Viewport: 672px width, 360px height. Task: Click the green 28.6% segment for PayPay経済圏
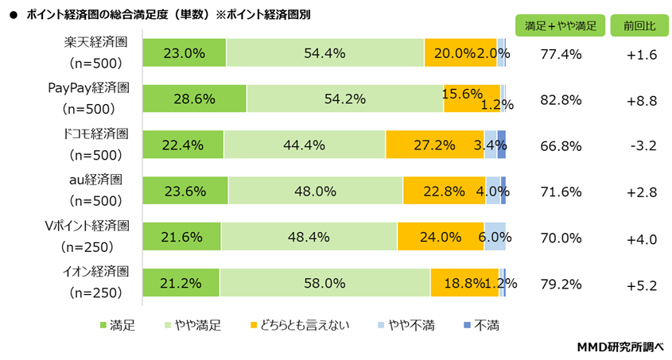[195, 99]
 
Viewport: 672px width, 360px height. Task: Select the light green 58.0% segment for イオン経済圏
[324, 283]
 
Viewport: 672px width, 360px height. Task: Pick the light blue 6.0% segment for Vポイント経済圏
[495, 237]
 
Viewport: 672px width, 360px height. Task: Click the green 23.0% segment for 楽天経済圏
[185, 53]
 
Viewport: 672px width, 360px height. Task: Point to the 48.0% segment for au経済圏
[315, 191]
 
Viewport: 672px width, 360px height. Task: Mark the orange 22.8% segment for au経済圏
[444, 191]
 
